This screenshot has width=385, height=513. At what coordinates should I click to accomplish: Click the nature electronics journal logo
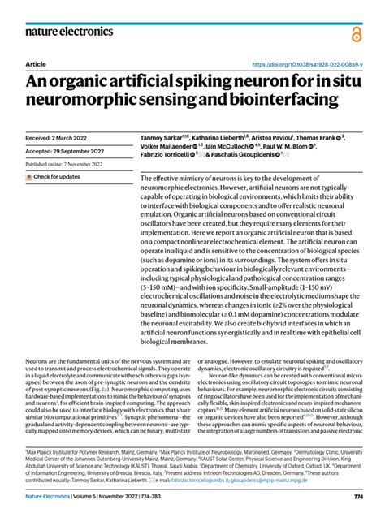click(68, 32)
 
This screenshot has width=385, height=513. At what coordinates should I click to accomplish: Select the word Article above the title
click(36, 63)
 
